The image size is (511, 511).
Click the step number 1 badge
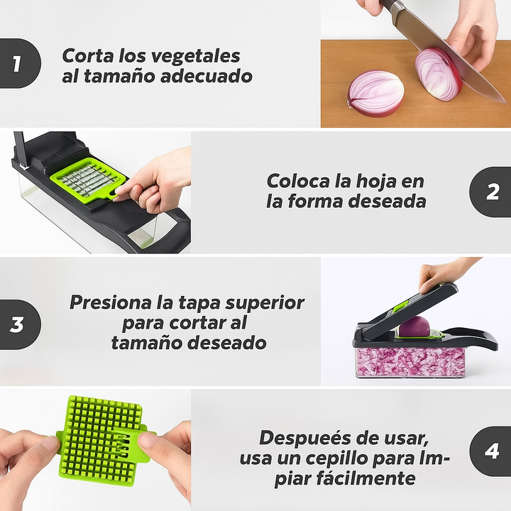coord(17,65)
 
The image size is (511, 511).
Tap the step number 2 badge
coord(492,192)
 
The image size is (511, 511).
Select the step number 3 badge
coord(17,324)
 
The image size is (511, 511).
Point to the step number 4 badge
coord(492,451)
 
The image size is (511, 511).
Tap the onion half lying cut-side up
coord(375,93)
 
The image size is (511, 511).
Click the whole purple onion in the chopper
coord(414,326)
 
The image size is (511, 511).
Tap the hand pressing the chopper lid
coord(444,273)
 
